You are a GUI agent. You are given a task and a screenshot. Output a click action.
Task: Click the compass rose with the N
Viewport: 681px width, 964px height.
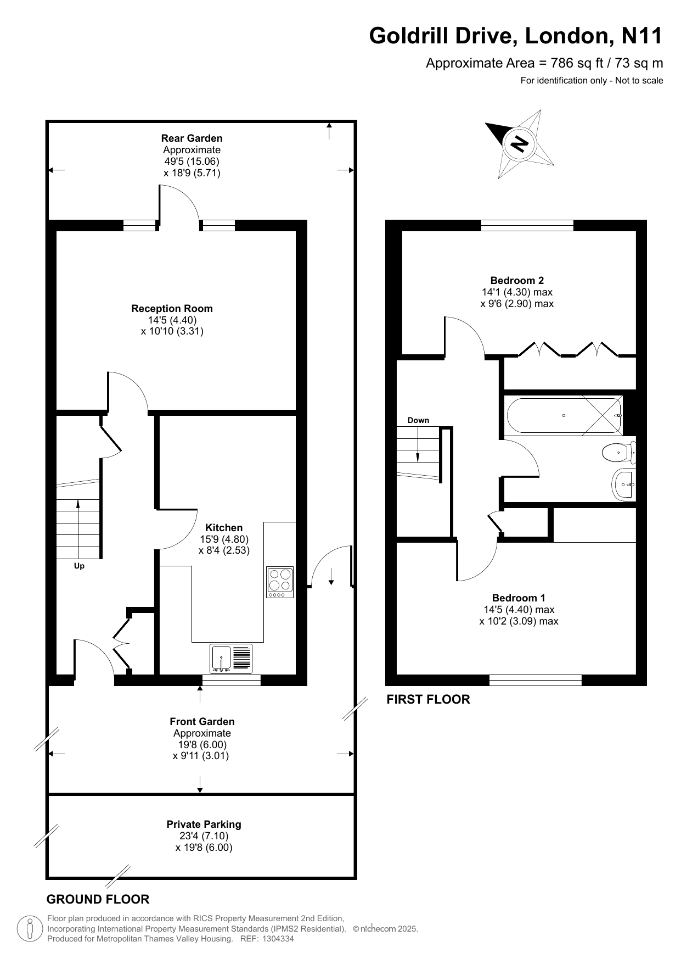click(519, 143)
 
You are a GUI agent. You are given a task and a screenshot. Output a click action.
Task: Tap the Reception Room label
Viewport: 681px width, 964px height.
click(172, 309)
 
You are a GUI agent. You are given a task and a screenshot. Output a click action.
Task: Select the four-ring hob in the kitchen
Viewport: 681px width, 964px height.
click(280, 582)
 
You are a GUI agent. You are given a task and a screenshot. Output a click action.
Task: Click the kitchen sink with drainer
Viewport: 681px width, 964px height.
click(231, 659)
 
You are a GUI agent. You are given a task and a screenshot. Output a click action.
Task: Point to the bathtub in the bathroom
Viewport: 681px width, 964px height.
click(564, 416)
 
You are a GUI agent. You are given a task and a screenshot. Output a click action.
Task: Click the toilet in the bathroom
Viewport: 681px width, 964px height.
click(618, 453)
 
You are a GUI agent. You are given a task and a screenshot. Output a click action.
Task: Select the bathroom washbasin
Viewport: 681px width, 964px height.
click(624, 484)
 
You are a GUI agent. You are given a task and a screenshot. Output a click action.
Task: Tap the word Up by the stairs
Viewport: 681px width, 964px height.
click(79, 566)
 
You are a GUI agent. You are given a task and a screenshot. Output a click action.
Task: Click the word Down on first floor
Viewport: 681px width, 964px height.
click(418, 420)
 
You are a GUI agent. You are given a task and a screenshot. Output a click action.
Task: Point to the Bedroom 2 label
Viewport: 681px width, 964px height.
click(517, 281)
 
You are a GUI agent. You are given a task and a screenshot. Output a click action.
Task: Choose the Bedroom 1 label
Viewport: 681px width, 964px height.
click(519, 598)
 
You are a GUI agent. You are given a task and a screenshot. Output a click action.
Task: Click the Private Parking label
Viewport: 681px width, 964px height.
click(204, 824)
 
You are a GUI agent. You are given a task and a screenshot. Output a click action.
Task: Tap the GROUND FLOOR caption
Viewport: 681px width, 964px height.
click(98, 899)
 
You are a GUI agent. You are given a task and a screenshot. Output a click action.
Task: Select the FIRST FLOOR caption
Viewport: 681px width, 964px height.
click(428, 699)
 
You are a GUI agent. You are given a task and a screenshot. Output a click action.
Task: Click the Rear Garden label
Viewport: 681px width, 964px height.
click(192, 138)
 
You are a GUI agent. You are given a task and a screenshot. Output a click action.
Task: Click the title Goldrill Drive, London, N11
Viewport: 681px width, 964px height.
click(516, 36)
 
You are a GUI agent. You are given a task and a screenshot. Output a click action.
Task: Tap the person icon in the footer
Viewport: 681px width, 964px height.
click(30, 929)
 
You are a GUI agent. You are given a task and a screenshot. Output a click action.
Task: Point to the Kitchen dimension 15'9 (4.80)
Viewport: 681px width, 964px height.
click(224, 539)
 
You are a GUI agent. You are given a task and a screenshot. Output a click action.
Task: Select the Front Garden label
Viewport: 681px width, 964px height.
click(202, 722)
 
